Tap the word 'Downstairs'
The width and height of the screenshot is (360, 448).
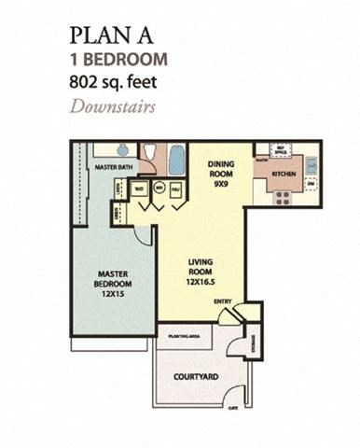tap(111, 105)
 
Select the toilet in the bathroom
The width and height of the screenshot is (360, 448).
tap(149, 154)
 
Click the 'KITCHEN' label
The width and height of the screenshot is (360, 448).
tap(284, 174)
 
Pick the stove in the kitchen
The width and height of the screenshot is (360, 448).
tap(279, 196)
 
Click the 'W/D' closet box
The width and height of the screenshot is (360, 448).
tap(141, 187)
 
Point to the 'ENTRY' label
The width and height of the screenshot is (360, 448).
tap(223, 301)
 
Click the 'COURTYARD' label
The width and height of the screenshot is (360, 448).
tap(197, 377)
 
